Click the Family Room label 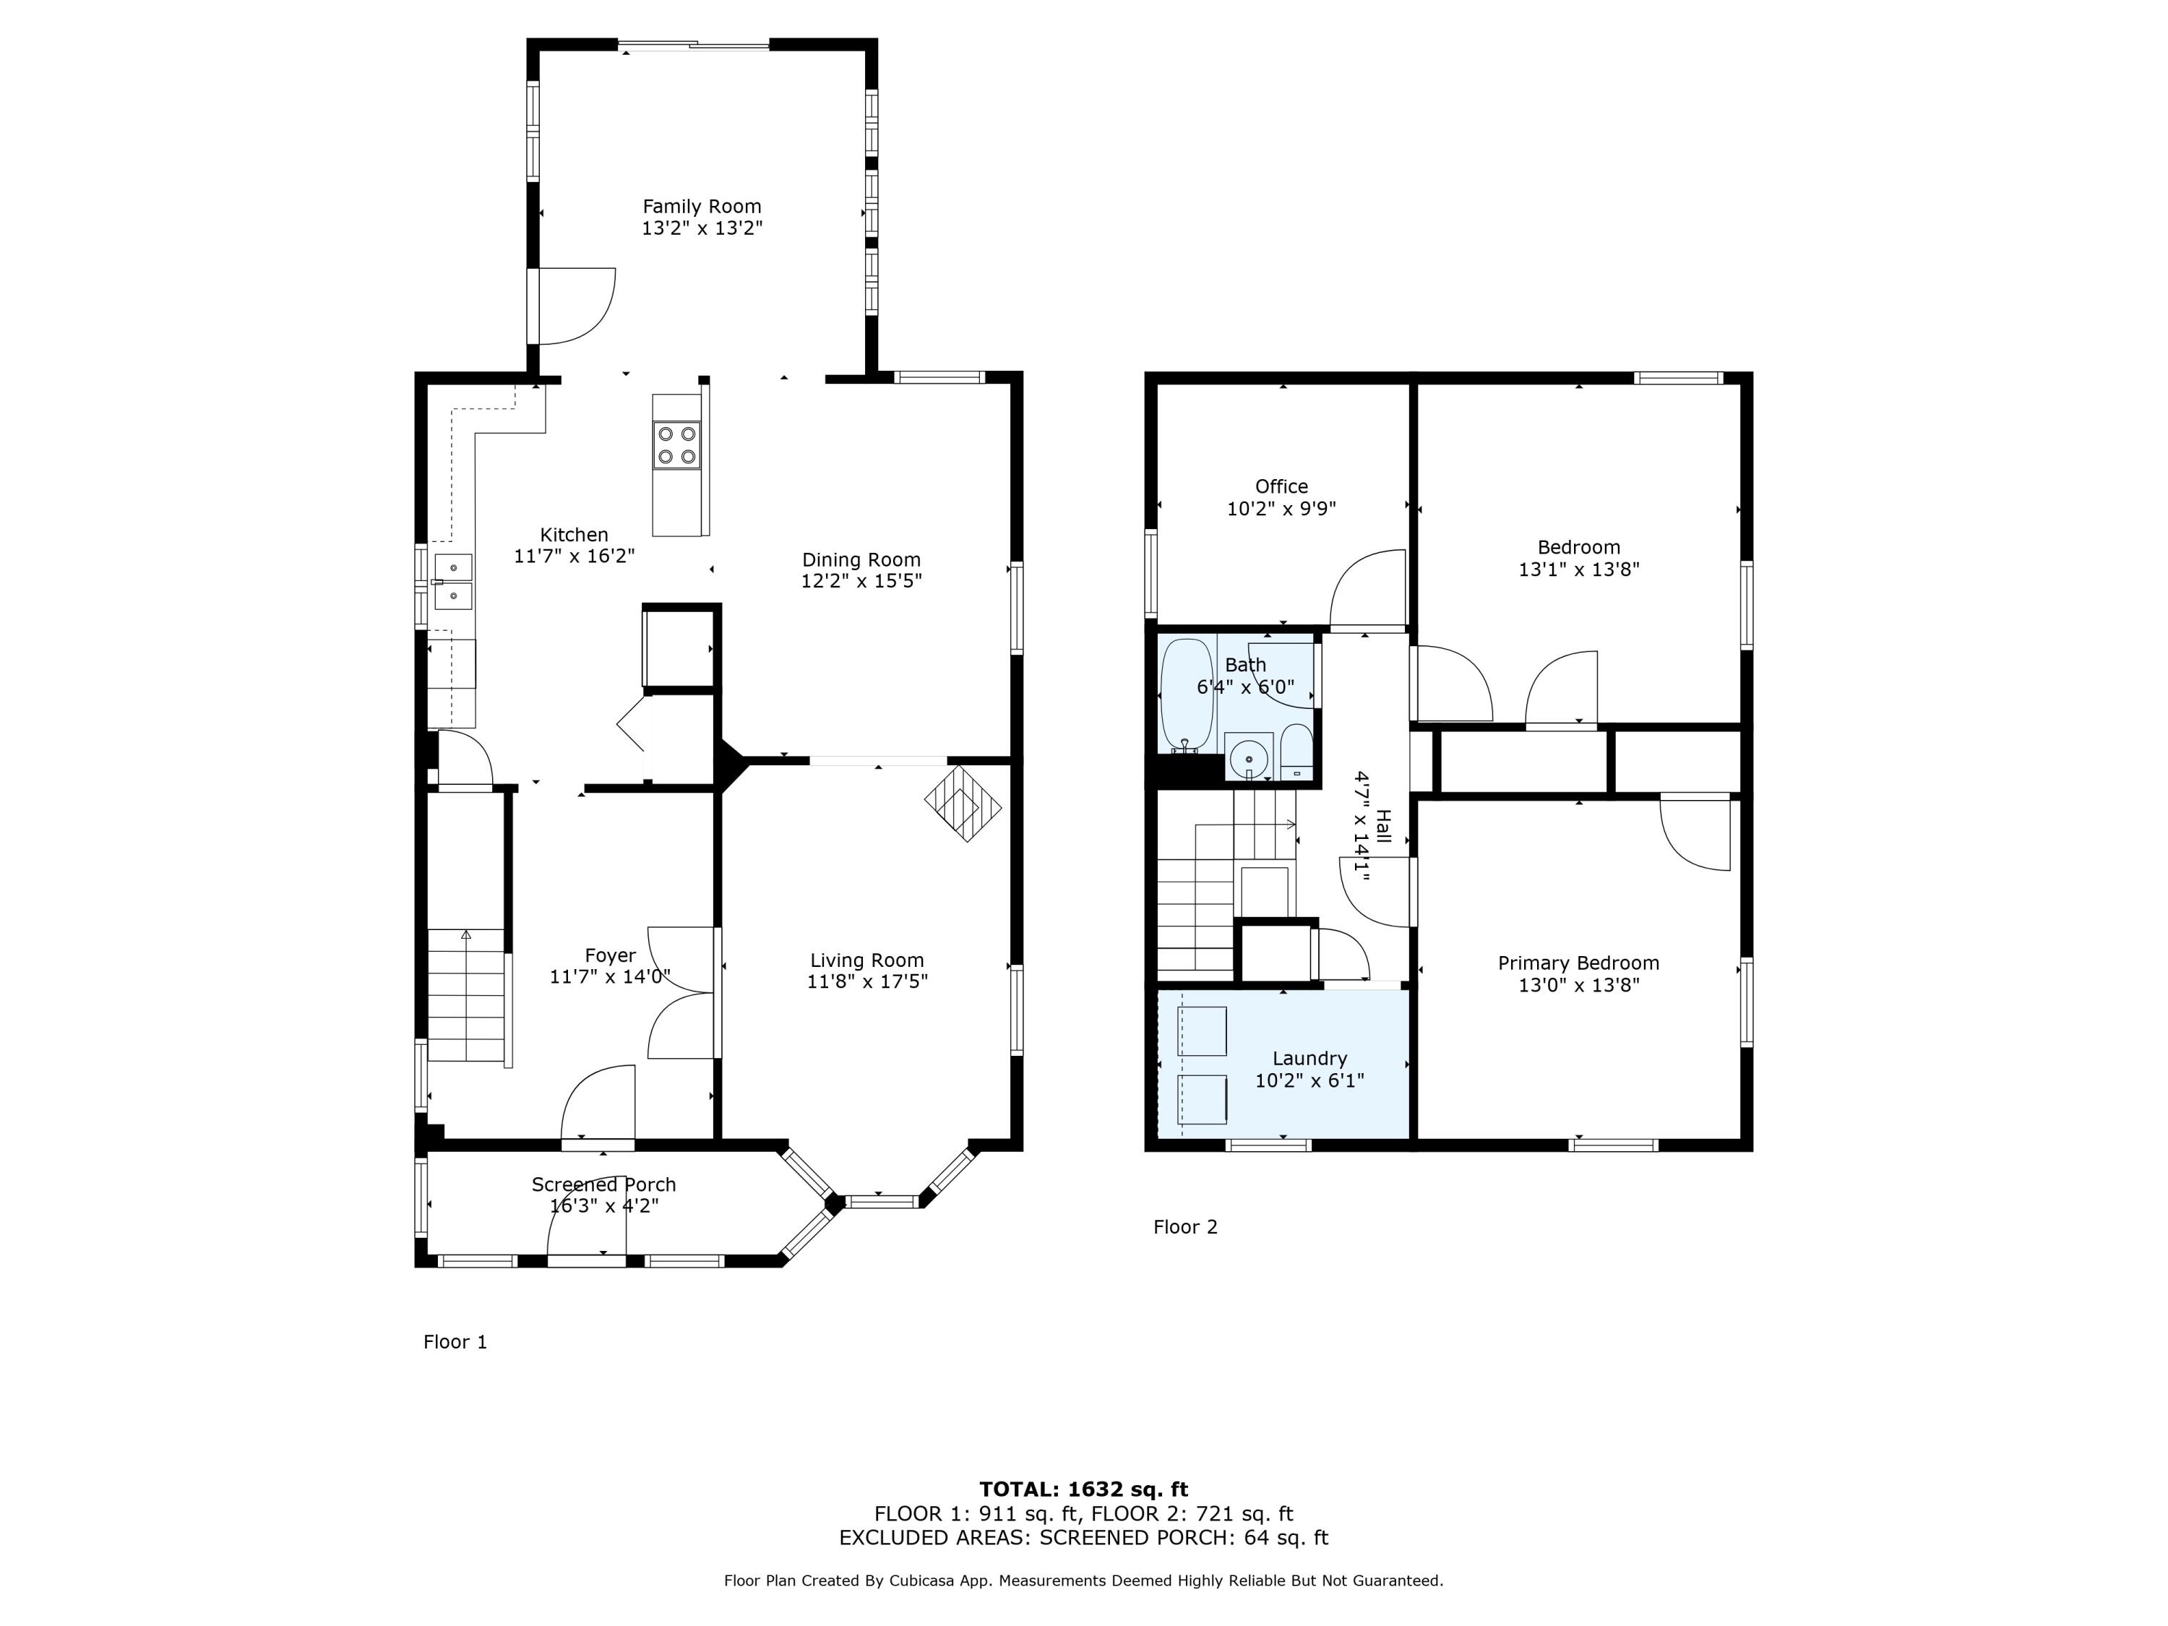click(702, 207)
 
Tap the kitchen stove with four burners click(677, 445)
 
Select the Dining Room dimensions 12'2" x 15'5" click(861, 581)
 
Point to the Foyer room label click(610, 955)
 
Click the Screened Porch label click(603, 1185)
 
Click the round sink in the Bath click(1249, 757)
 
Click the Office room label click(1281, 487)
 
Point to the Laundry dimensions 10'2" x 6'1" click(1309, 1080)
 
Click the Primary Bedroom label click(1578, 963)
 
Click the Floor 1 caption click(455, 1342)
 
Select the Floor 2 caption click(1185, 1227)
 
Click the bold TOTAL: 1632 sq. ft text click(1083, 1489)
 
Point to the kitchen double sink click(454, 582)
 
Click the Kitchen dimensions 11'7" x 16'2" click(575, 556)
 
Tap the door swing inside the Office click(1368, 588)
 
